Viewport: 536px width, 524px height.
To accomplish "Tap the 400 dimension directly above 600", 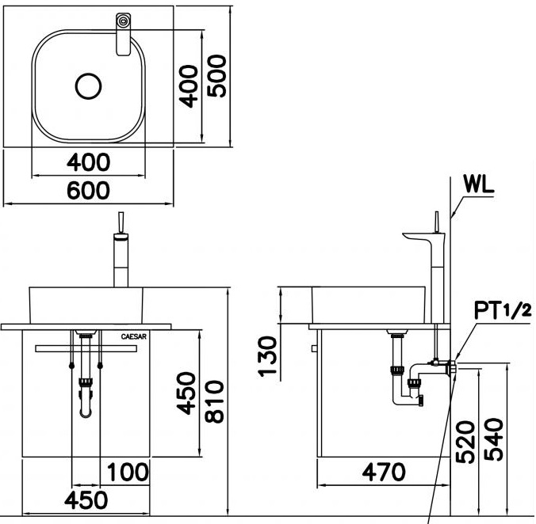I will tap(87, 162).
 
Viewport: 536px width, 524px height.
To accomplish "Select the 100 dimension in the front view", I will tap(127, 473).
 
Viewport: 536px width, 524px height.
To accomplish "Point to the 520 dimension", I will tap(466, 442).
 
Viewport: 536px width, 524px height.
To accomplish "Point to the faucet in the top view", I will tap(123, 35).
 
